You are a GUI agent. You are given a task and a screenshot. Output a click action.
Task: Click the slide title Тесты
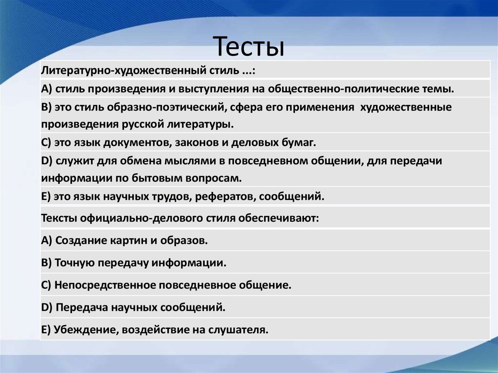click(249, 47)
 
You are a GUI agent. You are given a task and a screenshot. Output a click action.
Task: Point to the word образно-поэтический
click(167, 107)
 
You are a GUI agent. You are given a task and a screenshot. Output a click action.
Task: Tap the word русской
click(142, 124)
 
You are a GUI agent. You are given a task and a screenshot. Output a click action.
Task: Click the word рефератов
click(224, 196)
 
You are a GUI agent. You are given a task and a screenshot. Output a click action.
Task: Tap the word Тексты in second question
click(59, 218)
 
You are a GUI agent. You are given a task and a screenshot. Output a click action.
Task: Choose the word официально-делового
click(141, 218)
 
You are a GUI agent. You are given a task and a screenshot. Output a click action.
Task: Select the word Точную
click(74, 263)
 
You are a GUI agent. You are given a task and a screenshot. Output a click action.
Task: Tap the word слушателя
click(238, 330)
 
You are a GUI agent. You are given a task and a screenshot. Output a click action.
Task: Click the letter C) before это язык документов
click(46, 142)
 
